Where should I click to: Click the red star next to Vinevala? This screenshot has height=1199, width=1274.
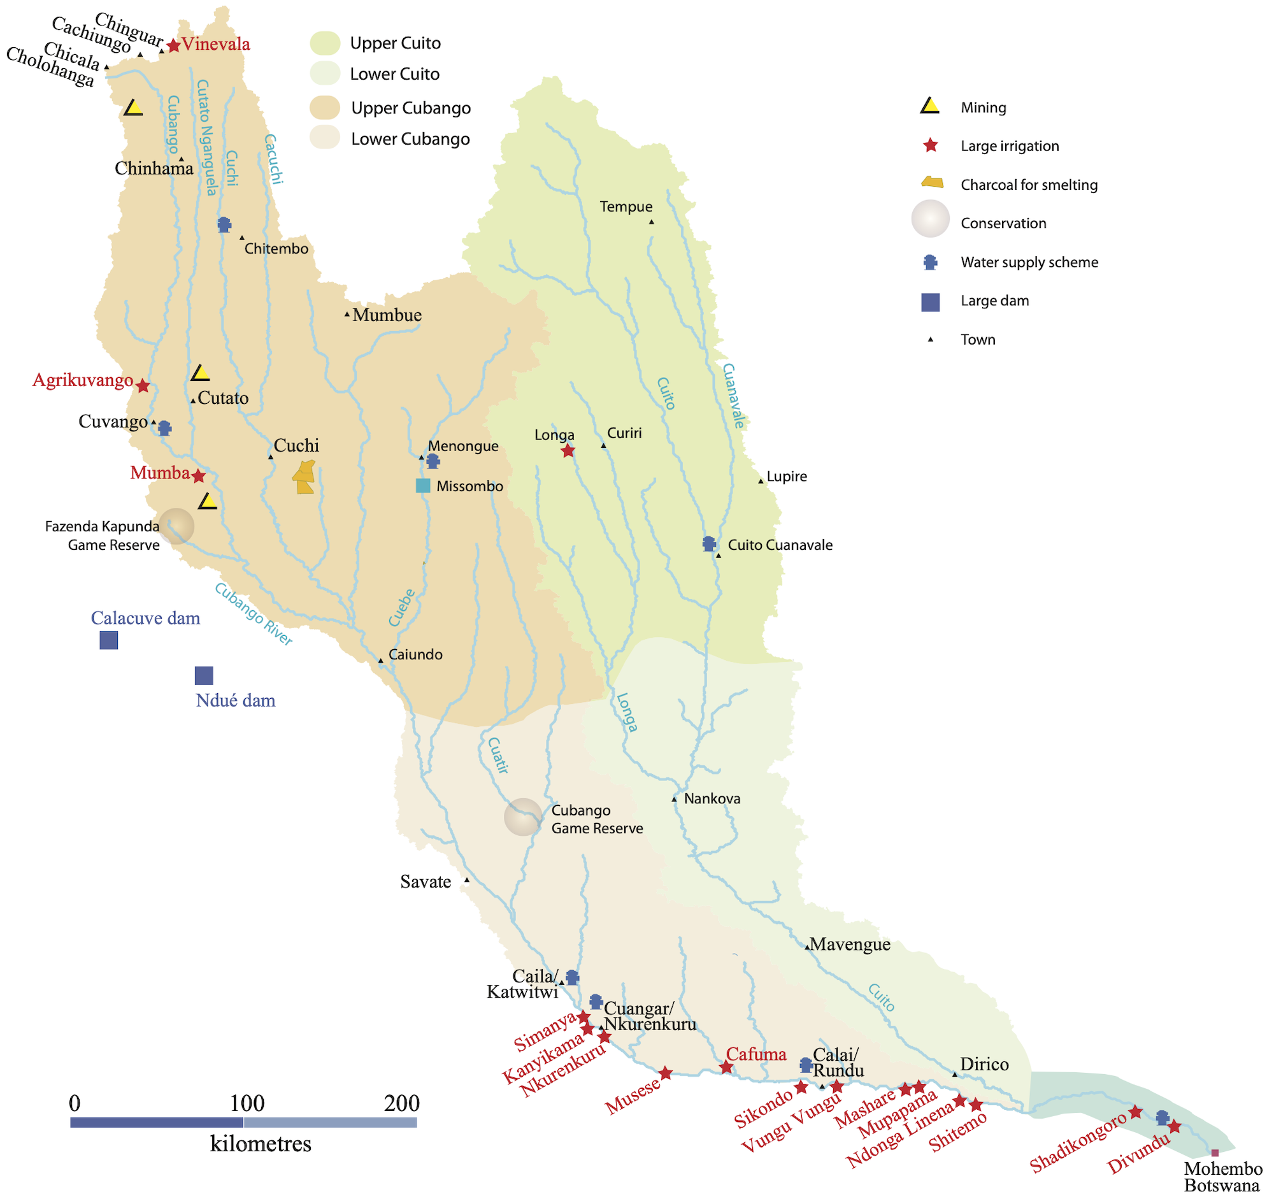(x=174, y=45)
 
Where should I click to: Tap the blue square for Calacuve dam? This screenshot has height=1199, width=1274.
(x=109, y=640)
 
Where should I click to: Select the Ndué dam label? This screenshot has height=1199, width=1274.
(x=235, y=700)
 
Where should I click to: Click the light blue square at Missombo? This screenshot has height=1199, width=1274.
(x=423, y=485)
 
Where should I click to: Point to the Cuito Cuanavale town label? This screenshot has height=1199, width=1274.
(x=780, y=545)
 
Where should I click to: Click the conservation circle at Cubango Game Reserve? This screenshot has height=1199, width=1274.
(x=524, y=817)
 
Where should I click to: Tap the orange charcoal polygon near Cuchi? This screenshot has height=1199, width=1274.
(x=304, y=477)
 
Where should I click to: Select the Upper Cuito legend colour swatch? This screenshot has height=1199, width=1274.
(x=325, y=43)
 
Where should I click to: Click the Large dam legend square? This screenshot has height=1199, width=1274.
(x=930, y=302)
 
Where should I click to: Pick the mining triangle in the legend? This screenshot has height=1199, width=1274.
(x=930, y=106)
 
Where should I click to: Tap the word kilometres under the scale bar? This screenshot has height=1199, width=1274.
(x=261, y=1144)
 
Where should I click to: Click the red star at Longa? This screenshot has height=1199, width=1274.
(x=568, y=451)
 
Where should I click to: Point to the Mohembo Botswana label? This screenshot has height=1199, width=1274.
(x=1223, y=1177)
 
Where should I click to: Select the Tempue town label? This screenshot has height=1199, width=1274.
(x=626, y=206)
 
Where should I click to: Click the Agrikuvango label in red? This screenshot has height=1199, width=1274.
(x=83, y=380)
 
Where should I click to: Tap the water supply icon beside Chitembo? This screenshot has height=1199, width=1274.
(x=224, y=225)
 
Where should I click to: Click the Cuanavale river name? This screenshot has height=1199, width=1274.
(x=734, y=396)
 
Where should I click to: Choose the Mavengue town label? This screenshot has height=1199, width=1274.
(x=850, y=945)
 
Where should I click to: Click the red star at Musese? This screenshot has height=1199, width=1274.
(x=666, y=1073)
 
